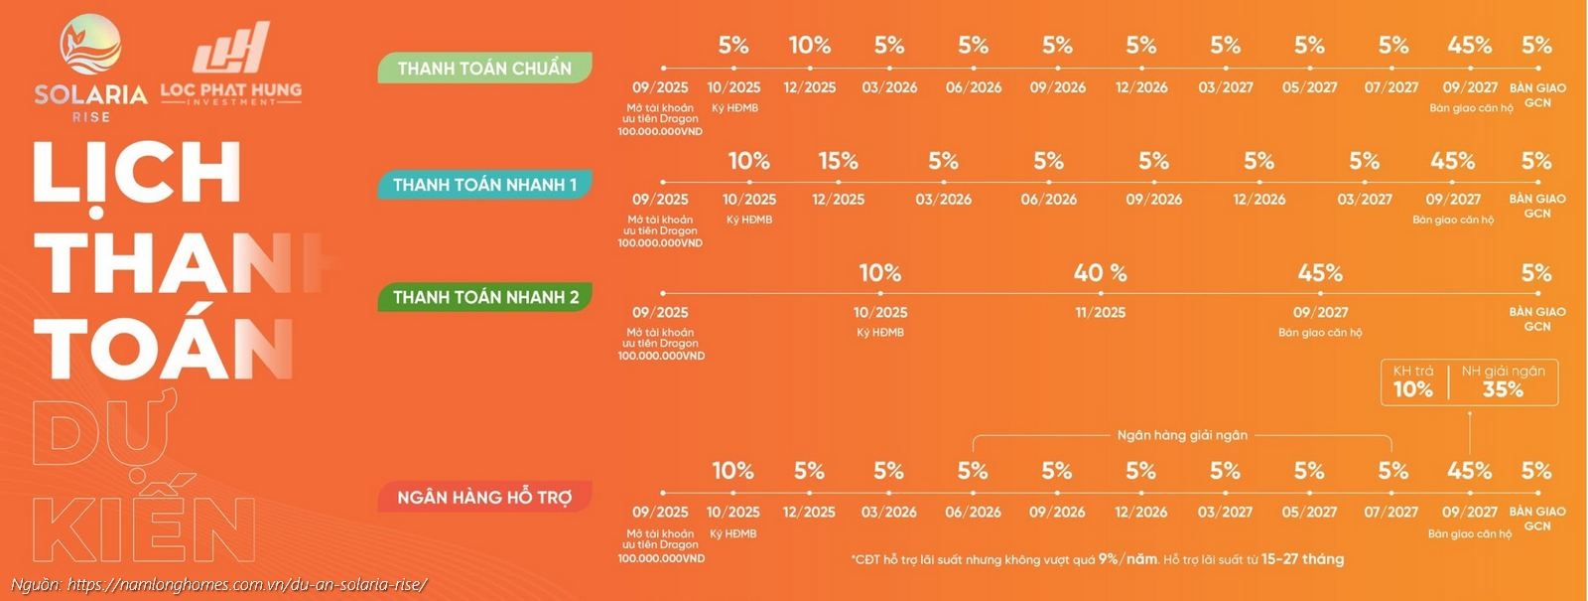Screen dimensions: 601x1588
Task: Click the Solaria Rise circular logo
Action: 90,49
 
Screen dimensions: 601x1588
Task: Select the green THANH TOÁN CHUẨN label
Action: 484,69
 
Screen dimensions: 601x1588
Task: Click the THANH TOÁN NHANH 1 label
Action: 484,185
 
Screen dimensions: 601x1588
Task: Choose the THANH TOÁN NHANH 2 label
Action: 484,297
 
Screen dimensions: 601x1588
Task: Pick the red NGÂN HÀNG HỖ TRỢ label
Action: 484,497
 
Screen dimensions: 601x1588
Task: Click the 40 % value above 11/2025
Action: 1100,273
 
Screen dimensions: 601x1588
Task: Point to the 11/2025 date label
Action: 1100,312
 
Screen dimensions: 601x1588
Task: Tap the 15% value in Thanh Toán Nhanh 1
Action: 838,161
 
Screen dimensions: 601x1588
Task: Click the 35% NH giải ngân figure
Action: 1503,389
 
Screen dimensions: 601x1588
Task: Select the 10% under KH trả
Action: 1412,389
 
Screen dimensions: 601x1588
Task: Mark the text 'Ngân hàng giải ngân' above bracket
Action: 1182,435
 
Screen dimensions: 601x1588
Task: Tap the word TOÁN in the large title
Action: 164,347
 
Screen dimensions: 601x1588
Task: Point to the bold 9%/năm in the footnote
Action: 1127,559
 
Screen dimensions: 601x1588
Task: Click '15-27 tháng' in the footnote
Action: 1302,559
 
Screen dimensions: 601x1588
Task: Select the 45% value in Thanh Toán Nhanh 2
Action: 1319,273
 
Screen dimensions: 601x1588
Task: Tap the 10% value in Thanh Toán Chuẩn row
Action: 809,46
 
